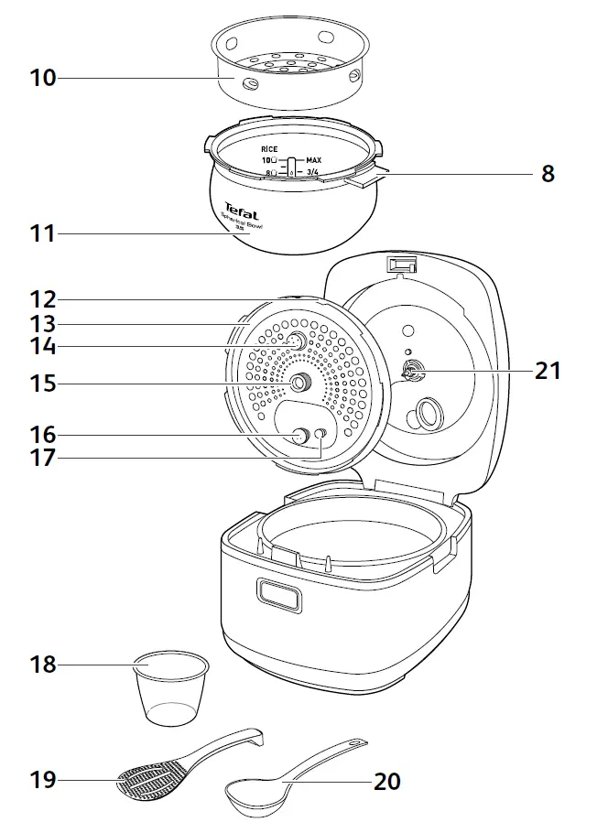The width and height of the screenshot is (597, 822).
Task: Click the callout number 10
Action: click(42, 78)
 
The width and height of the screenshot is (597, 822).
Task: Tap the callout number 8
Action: click(548, 174)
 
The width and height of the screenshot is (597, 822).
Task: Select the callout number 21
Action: click(548, 371)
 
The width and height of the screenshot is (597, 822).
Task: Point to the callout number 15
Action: click(42, 384)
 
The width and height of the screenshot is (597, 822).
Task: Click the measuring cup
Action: click(171, 687)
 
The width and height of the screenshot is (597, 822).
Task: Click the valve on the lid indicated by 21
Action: click(409, 371)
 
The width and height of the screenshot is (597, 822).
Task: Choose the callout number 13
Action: click(42, 323)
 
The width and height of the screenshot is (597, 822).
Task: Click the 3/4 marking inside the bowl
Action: click(313, 171)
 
